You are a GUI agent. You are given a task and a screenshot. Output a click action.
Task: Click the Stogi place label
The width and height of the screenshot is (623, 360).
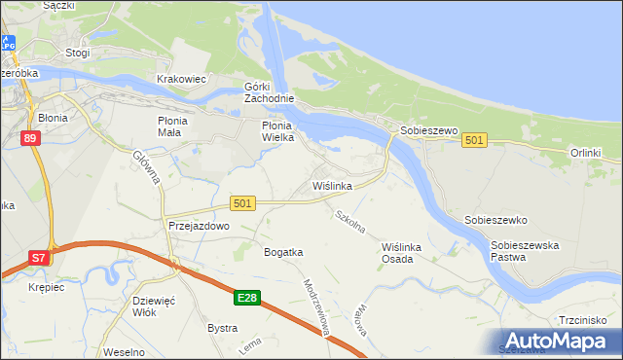[76, 53]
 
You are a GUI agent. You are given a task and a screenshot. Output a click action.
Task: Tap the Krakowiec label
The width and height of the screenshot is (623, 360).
[181, 79]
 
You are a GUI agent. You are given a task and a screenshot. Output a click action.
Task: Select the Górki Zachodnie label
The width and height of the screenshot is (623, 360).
[268, 92]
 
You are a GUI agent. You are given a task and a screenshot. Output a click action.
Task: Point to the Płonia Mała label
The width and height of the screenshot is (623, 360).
[177, 126]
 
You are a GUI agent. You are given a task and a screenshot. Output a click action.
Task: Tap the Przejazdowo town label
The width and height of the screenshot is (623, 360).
[199, 225]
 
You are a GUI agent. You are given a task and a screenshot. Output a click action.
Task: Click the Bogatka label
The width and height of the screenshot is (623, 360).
[283, 252]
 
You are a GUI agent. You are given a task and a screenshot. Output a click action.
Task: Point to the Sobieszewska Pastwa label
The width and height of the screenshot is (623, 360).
[526, 252]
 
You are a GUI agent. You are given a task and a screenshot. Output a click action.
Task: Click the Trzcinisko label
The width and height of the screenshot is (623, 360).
[584, 319]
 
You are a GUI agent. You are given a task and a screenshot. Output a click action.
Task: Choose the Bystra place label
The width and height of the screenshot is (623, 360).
[222, 328]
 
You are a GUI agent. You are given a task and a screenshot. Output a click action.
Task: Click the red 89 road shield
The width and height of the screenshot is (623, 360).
[30, 139]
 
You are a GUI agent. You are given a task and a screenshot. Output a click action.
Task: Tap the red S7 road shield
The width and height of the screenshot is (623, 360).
[37, 258]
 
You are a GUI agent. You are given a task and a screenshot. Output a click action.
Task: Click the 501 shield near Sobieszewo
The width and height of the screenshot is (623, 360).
[474, 141]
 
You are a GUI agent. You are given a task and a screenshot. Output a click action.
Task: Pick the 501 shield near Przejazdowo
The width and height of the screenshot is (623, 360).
[243, 202]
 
